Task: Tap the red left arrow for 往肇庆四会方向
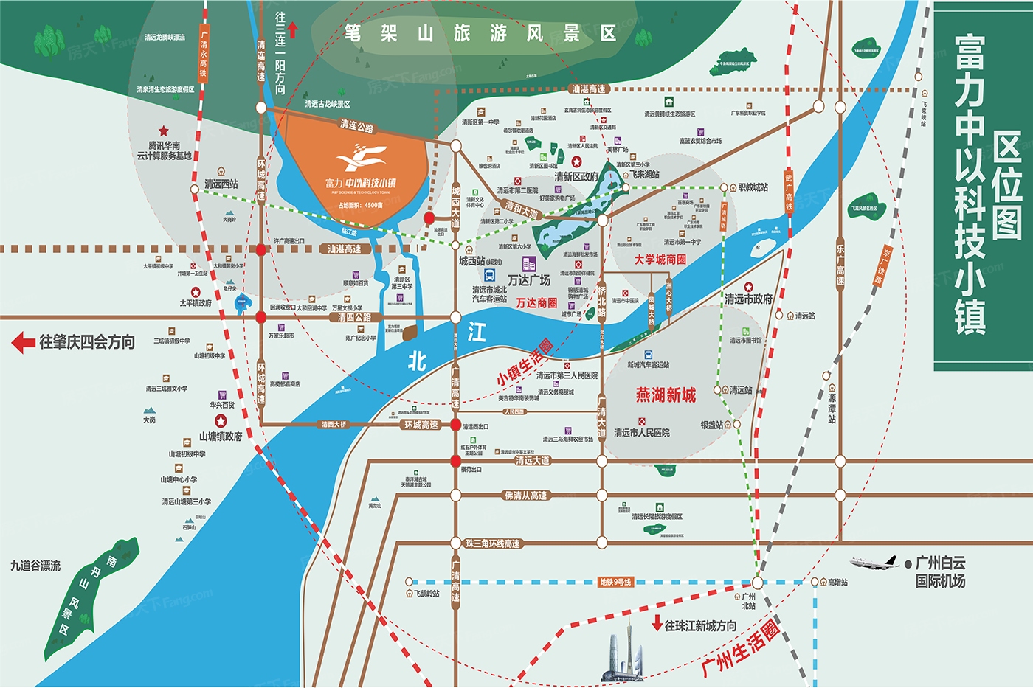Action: point(24,342)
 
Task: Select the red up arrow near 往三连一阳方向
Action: point(292,29)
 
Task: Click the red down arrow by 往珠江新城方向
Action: point(657,624)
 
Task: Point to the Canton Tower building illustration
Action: point(623,653)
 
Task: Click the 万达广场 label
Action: point(529,280)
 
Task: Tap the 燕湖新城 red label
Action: point(666,395)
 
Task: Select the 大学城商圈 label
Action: point(660,260)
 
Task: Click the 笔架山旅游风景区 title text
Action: point(480,33)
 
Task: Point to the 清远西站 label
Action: point(221,184)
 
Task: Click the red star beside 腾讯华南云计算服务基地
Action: point(163,131)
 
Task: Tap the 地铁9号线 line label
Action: point(615,582)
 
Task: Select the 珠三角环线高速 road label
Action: point(493,543)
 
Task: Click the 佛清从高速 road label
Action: point(526,496)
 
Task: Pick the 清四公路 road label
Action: point(354,317)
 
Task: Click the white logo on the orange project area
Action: point(361,159)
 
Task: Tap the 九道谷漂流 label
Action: point(35,566)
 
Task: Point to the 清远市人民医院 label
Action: point(642,433)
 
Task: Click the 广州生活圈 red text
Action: point(740,648)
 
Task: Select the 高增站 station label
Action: point(837,583)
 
